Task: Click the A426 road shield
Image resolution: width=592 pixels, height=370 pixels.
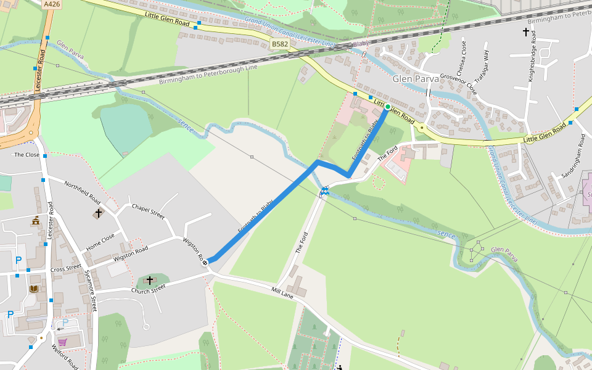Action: pos(52,4)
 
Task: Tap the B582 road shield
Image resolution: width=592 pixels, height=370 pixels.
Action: pos(279,44)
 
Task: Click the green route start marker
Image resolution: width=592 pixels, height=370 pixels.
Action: pos(387,107)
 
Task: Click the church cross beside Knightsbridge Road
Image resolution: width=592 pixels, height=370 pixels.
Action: pos(526,31)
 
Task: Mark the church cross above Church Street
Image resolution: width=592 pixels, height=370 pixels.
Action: pos(149,280)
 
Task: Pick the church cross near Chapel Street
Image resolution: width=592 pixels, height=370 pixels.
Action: pos(98,213)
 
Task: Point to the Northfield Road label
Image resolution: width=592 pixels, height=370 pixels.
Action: pos(82,193)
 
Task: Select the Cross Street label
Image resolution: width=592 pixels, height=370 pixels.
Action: pos(66,268)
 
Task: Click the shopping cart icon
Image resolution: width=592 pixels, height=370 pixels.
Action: pos(62,342)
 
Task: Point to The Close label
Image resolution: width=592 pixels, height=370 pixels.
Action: pos(27,155)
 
